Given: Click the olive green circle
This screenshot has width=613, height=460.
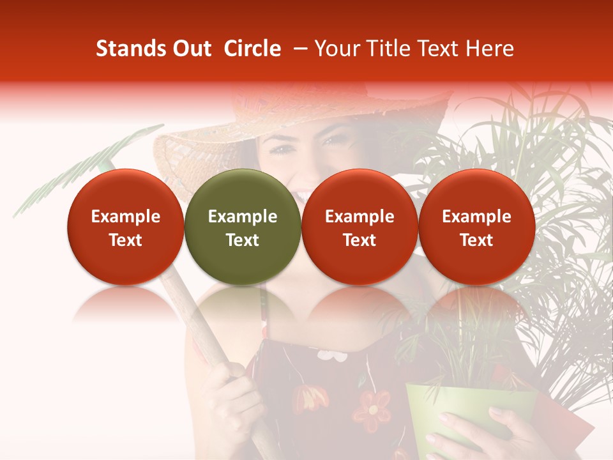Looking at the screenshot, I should pyautogui.click(x=243, y=227).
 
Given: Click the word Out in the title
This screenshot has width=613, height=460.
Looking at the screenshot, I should pyautogui.click(x=191, y=49).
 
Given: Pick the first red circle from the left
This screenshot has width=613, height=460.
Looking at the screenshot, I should pyautogui.click(x=126, y=227).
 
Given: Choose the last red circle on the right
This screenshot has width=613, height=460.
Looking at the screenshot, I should pyautogui.click(x=476, y=227).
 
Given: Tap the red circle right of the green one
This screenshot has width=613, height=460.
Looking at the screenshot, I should pyautogui.click(x=359, y=227).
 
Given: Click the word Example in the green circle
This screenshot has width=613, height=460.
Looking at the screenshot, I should pyautogui.click(x=243, y=217).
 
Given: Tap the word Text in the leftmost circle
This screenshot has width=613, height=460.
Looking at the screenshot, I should pyautogui.click(x=126, y=240).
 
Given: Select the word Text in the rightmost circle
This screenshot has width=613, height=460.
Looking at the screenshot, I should pyautogui.click(x=476, y=240).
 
